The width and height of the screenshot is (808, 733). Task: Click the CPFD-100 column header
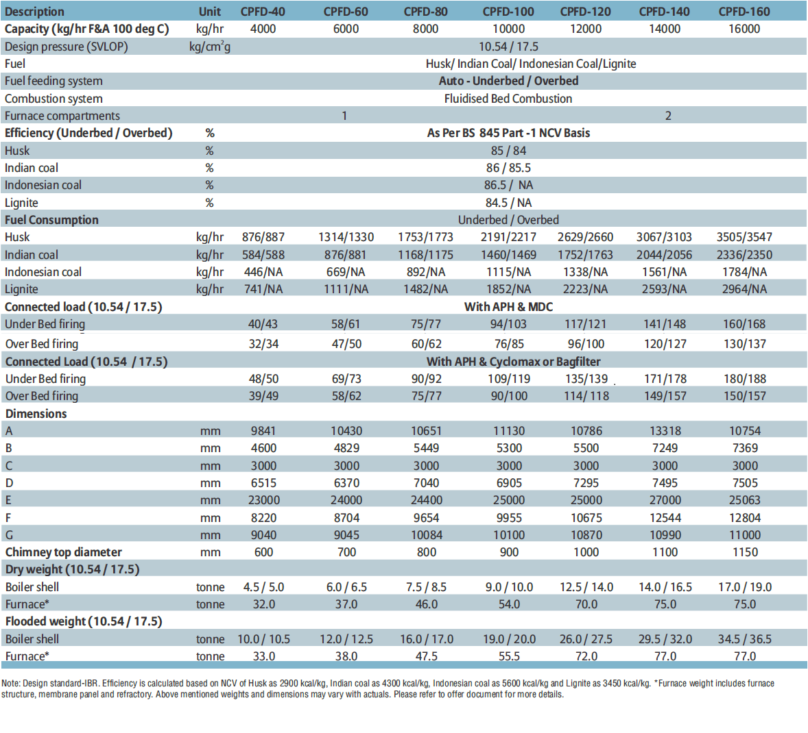[508, 12]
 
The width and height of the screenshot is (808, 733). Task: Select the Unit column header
[210, 12]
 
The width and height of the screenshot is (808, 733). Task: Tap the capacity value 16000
[744, 29]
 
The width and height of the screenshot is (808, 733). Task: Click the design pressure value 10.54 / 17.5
[508, 47]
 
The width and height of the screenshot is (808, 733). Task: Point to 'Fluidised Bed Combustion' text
[508, 99]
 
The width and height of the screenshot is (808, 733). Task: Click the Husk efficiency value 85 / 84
[508, 151]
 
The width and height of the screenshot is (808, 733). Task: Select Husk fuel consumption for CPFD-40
[263, 237]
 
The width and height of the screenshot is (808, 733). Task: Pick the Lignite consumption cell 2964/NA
[744, 289]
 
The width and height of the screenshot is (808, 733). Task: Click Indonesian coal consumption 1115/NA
[508, 272]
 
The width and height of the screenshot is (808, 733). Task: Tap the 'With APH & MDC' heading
[508, 307]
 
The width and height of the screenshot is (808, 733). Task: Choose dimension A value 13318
[665, 431]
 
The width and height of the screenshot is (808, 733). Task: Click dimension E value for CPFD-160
[745, 500]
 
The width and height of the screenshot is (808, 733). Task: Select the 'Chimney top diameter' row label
[63, 552]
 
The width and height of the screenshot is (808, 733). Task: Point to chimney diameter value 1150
[745, 552]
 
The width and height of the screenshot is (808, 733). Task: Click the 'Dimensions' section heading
[36, 414]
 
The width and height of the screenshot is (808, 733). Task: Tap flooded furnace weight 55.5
[509, 656]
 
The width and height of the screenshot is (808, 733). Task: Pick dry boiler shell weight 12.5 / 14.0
[586, 587]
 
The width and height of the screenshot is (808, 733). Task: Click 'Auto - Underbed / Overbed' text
[508, 81]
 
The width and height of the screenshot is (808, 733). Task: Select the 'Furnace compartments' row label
[62, 116]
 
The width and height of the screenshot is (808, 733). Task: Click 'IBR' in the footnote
[93, 684]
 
